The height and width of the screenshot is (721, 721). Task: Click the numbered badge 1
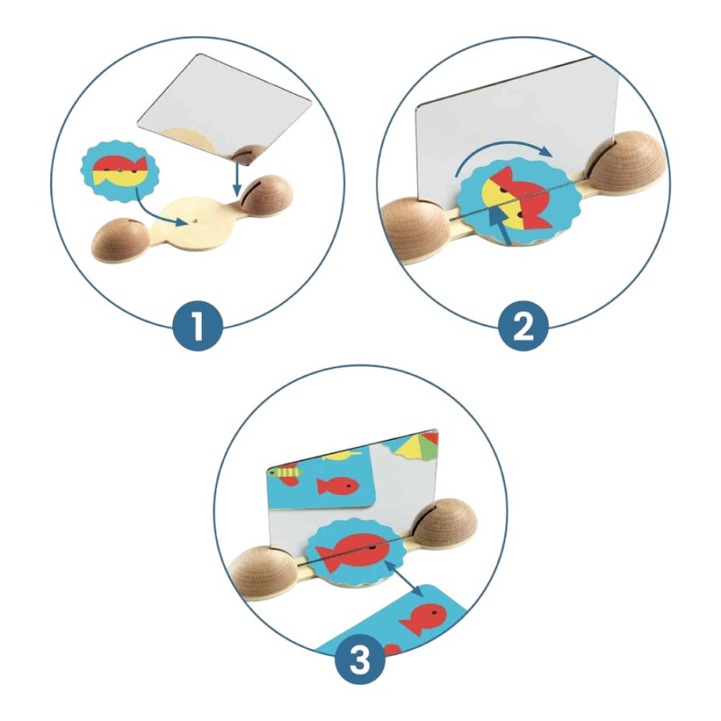197,326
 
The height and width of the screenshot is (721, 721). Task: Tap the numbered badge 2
524,326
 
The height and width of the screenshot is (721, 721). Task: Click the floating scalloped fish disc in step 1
119,171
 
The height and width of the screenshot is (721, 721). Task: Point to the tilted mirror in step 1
225,108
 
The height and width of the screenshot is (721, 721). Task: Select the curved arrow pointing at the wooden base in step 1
160,211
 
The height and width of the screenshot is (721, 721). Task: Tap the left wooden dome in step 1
121,240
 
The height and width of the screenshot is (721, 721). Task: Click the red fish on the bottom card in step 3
423,619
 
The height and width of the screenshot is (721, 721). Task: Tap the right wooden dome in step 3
445,522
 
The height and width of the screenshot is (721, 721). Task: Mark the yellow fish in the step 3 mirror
341,456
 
